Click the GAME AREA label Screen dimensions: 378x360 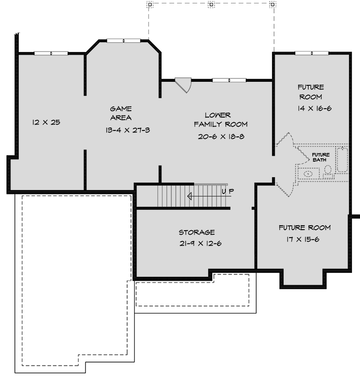tap(121, 113)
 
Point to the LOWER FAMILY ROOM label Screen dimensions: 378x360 tap(220, 120)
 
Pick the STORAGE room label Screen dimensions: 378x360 tap(197, 232)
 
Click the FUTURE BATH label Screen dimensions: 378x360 tap(320, 157)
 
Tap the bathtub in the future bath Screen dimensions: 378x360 tap(343, 160)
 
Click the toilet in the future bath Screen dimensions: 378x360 tap(328, 170)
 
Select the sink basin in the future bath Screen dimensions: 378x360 tap(308, 174)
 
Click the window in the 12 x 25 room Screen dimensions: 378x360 tap(51, 53)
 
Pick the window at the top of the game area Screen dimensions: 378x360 tap(124, 41)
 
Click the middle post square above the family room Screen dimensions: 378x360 tap(212, 4)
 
